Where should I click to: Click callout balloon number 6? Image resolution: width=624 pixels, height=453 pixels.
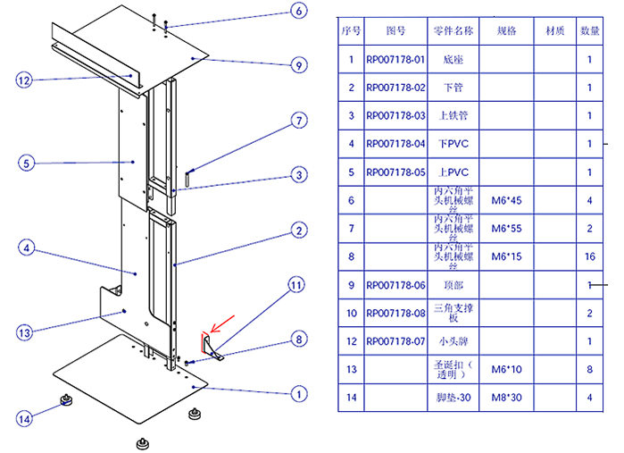[x=298, y=12]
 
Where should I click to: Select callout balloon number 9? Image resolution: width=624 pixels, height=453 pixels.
[x=299, y=64]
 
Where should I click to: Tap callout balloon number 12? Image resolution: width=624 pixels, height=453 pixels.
[x=24, y=80]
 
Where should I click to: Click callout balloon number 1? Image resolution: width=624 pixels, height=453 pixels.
[x=299, y=392]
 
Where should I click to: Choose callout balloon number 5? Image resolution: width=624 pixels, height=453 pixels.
[x=27, y=164]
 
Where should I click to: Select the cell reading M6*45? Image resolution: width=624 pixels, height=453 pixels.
[x=506, y=200]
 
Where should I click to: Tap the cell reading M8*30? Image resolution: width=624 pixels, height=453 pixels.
[x=506, y=397]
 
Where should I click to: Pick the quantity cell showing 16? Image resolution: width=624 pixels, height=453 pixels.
[x=589, y=256]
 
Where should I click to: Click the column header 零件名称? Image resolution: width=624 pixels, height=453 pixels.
[x=453, y=30]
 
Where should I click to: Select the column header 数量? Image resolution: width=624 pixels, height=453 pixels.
[x=589, y=30]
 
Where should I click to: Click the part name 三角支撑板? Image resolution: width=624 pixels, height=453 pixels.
[x=453, y=313]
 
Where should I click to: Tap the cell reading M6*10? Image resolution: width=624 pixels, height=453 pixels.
[x=506, y=368]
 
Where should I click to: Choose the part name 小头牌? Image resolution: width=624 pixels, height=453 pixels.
[x=453, y=340]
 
